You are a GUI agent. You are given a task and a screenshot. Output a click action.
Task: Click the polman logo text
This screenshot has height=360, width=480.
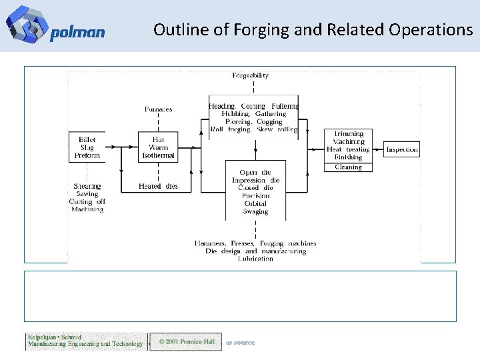pos(77,33)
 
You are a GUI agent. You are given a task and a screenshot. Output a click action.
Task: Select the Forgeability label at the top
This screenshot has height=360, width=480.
pos(251,75)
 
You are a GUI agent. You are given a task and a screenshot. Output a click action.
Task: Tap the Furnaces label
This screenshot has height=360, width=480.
pos(158,109)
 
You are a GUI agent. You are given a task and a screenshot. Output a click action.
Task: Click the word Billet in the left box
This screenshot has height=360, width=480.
pos(87,140)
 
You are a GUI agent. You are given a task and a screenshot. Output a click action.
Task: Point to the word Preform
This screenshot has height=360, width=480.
pos(87,155)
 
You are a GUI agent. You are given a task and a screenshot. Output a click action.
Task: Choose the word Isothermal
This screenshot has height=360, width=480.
pos(159,155)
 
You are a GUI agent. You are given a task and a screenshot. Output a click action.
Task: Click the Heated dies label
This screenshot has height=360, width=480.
pos(158,186)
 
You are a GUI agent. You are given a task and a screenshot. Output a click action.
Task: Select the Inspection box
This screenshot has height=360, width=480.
pos(403,149)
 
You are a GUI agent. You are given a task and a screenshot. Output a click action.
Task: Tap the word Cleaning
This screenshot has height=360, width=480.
pos(348,167)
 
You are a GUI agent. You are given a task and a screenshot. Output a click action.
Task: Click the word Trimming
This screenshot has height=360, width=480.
pos(348,134)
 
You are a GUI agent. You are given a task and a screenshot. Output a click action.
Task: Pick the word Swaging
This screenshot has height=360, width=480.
pos(255,211)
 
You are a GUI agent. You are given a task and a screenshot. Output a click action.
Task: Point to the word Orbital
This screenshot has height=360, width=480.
pos(255,203)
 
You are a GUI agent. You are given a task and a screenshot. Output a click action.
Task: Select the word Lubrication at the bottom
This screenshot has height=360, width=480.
pos(255,259)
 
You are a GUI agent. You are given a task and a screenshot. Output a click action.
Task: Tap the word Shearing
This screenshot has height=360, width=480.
pos(87,186)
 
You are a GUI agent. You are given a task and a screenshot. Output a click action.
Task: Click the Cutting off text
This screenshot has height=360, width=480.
pos(87,201)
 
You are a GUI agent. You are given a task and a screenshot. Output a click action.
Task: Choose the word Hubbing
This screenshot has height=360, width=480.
pos(227,114)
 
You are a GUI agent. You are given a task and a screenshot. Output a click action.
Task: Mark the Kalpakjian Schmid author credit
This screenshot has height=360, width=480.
pos(85,341)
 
